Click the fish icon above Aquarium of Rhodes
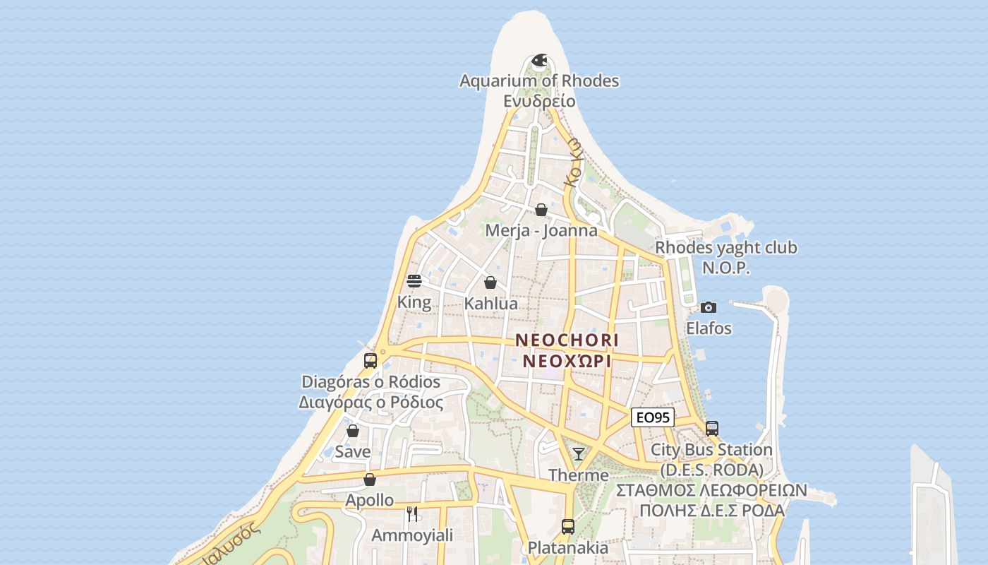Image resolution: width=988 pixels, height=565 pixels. (x=539, y=60)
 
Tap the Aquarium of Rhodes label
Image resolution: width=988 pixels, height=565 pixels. (x=539, y=81)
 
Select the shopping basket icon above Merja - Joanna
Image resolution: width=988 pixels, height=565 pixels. (x=541, y=210)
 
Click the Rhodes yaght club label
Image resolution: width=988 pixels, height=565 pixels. (x=726, y=247)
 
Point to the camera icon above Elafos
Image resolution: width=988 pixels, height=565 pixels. (x=709, y=307)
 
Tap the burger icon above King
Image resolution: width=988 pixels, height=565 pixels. (x=414, y=281)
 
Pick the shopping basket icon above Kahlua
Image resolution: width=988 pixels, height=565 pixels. (x=490, y=283)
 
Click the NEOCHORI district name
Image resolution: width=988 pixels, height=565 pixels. (x=567, y=340)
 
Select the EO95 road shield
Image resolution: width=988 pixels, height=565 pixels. (x=652, y=417)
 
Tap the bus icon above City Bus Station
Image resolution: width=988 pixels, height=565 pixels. (x=711, y=429)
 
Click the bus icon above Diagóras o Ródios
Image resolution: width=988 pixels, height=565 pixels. (x=370, y=361)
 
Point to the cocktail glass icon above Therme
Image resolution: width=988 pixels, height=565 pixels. (x=579, y=454)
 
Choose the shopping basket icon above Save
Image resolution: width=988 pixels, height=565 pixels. (x=353, y=431)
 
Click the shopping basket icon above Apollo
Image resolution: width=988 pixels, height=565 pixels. (x=370, y=480)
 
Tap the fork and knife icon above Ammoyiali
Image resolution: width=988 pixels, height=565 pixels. (x=412, y=514)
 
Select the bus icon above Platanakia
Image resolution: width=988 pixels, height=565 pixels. (x=568, y=527)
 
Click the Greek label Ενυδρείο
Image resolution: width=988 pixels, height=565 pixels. (x=539, y=100)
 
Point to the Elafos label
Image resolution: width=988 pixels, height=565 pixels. (x=709, y=328)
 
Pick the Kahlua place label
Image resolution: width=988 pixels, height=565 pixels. (x=490, y=304)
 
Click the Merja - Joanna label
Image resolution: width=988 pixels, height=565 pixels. (x=541, y=230)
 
